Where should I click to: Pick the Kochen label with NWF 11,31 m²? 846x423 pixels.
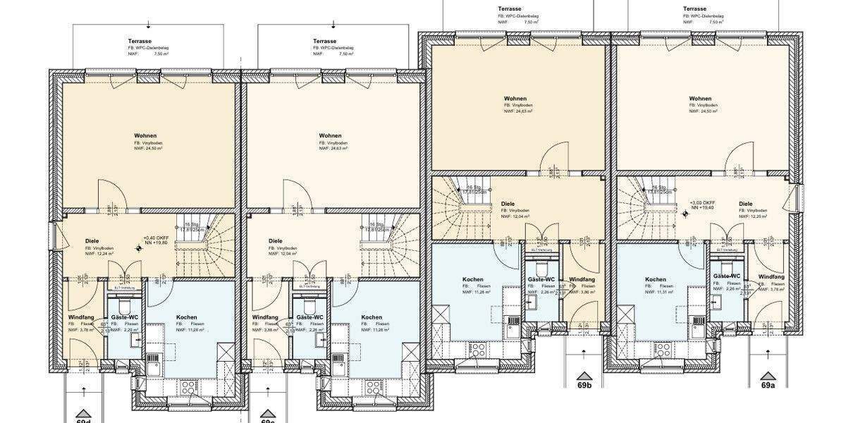pyautogui.click(x=655, y=280)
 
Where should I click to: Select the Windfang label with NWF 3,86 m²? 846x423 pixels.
pyautogui.click(x=582, y=280)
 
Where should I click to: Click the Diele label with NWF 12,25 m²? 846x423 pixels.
pyautogui.click(x=745, y=204)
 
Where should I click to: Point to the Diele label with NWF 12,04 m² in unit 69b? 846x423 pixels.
pyautogui.click(x=507, y=204)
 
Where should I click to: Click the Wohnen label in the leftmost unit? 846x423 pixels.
pyautogui.click(x=145, y=135)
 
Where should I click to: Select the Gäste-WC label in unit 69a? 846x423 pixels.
pyautogui.click(x=726, y=276)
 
